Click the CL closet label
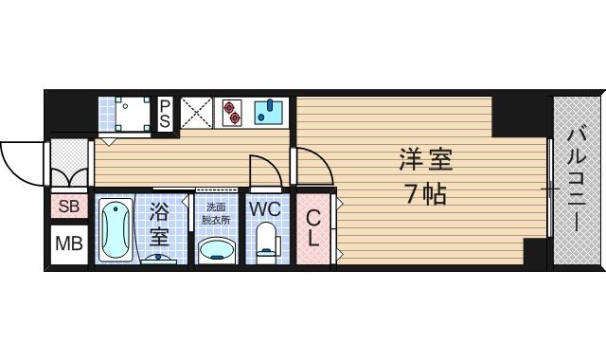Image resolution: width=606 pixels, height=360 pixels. point(312,227)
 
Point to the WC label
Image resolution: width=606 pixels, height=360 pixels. point(264,207)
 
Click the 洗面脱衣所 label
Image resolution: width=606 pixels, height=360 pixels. point(217,213)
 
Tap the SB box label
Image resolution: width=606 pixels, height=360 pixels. point(69,207)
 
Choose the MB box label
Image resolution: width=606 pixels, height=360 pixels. point(68,244)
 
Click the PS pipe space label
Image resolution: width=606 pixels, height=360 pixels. point(165,114)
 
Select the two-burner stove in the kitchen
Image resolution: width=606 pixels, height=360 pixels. point(231,114)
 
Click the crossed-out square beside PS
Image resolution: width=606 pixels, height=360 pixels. point(196,114)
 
